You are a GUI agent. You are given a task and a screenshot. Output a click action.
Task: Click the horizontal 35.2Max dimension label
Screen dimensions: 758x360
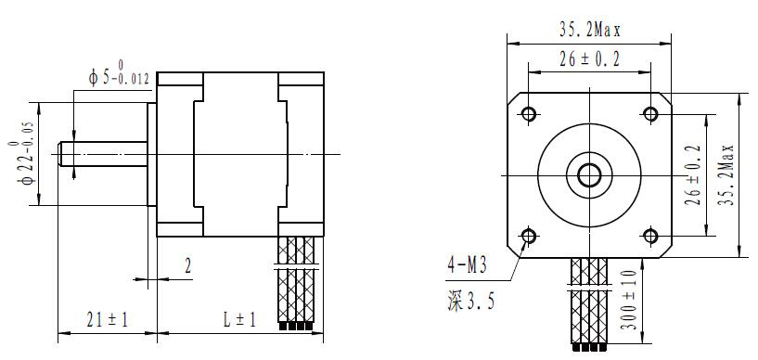coord(590,31)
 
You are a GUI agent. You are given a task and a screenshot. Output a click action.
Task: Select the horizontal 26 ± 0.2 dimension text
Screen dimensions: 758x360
coord(590,59)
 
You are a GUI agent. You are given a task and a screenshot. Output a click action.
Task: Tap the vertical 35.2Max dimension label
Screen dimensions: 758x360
coord(726,175)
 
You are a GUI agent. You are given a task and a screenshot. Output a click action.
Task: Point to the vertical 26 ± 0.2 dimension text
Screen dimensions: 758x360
coord(694,175)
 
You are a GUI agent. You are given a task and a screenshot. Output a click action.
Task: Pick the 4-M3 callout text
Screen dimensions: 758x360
coord(467,265)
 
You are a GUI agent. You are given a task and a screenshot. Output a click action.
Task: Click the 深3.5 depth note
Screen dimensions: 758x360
coord(470,302)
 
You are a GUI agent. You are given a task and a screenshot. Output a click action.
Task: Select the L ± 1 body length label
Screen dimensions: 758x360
coord(239,319)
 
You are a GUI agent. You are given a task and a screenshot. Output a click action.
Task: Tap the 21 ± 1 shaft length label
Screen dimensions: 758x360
coord(108,319)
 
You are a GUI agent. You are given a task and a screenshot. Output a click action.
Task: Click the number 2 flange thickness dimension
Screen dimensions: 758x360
coord(188,265)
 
